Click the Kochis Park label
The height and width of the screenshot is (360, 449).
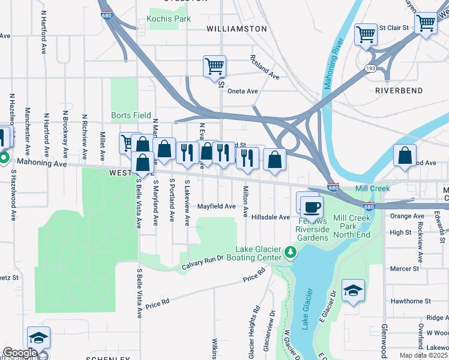point(169,19)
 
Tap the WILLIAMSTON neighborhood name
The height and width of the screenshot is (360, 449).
point(237,28)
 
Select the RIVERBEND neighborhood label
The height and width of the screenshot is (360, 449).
point(399,91)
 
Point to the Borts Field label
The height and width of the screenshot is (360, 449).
point(131,115)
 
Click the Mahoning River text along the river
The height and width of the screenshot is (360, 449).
point(333,64)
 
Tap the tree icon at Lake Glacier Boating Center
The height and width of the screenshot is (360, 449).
point(291,251)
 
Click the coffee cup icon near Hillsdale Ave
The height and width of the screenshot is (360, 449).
point(310,207)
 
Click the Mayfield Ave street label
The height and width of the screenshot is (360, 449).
point(217,206)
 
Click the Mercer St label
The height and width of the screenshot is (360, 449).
point(403,269)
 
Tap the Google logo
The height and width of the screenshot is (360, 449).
point(19,352)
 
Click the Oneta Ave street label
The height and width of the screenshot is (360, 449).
point(243,91)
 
